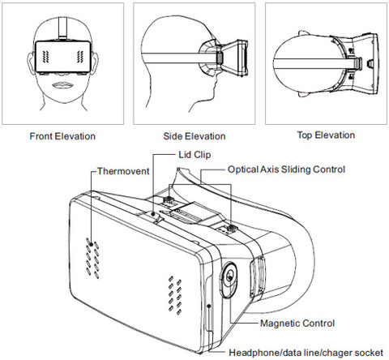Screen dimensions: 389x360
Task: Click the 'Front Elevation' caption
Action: click(62, 136)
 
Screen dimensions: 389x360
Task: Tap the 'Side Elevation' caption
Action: click(194, 136)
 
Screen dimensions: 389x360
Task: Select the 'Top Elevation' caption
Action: click(326, 135)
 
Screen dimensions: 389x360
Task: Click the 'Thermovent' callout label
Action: click(123, 171)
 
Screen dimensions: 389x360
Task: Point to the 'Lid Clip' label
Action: click(194, 155)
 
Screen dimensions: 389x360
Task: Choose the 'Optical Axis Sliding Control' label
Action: click(286, 169)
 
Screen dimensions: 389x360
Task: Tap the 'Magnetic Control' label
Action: click(297, 324)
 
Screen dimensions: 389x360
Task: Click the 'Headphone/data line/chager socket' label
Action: click(306, 353)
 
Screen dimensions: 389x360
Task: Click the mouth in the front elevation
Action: click(62, 85)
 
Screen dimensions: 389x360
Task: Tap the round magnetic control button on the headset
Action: click(229, 279)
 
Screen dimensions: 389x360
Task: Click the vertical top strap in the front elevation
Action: click(62, 27)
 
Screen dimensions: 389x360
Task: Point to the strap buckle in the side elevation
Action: click(220, 58)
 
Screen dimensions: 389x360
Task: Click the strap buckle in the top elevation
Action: click(357, 63)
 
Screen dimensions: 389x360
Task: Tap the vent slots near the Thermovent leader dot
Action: click(92, 258)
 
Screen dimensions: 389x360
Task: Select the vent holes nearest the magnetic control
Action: click(175, 295)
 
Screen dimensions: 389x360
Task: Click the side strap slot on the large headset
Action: click(257, 276)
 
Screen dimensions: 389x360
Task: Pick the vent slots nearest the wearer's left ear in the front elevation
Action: click(80, 57)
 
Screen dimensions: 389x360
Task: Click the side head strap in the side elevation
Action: click(180, 58)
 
